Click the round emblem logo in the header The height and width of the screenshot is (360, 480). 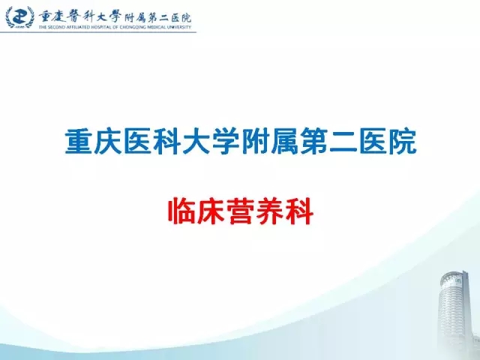coord(19,16)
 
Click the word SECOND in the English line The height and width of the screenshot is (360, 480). coord(55,27)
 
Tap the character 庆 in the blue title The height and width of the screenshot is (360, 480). coord(108,142)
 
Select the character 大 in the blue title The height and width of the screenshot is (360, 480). coord(196,142)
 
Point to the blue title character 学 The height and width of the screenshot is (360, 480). coord(226,142)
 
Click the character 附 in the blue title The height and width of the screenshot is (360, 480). coord(255,142)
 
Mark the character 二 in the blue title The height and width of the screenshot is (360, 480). coord(343,142)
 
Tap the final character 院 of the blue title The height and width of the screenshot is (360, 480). coord(403,142)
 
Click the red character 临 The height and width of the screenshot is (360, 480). coord(181,211)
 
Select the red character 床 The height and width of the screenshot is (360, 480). coord(211,211)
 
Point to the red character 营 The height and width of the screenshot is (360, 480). coord(240,211)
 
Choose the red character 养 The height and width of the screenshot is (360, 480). coord(270,211)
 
